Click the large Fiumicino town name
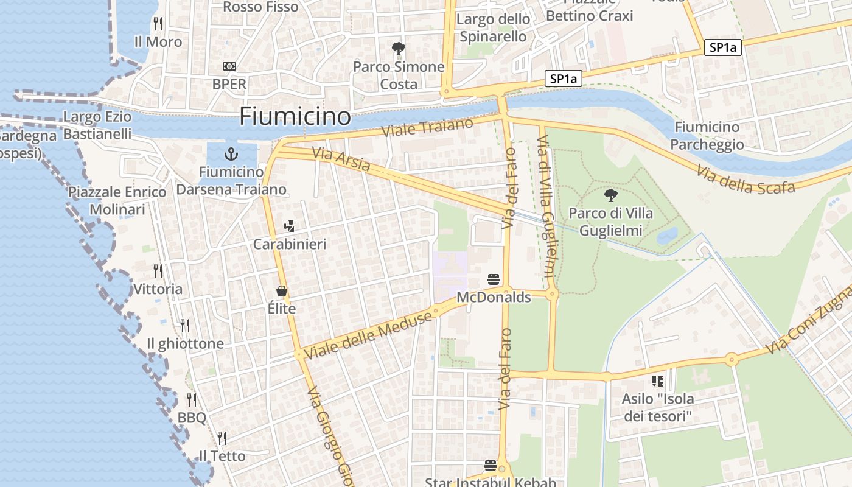[x=295, y=116]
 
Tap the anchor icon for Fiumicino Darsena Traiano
[x=231, y=154]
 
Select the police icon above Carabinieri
[x=289, y=226]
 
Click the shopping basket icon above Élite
[x=282, y=291]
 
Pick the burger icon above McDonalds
[x=494, y=279]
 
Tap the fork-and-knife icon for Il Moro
[x=158, y=24]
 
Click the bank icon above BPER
[x=229, y=66]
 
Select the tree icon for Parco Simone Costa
[x=399, y=48]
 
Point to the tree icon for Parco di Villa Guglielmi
[x=610, y=195]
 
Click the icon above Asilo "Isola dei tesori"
[x=657, y=381]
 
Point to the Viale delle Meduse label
[x=369, y=333]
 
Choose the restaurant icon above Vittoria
[x=158, y=270]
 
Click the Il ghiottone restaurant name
[x=185, y=344]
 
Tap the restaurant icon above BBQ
[x=192, y=400]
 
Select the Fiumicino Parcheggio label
[x=707, y=136]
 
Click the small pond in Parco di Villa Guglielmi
[x=668, y=236]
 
